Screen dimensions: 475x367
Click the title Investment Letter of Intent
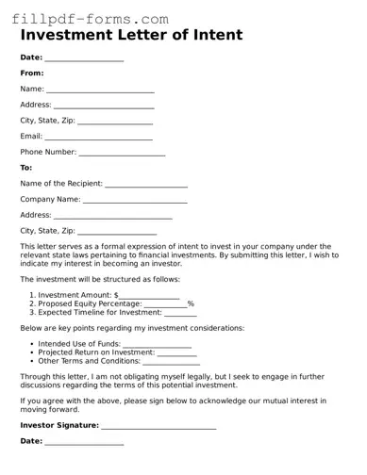point(131,36)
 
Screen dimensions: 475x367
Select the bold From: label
point(32,73)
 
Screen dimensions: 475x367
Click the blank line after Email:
point(92,138)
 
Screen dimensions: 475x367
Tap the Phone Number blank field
point(122,153)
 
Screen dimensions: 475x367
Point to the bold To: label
point(26,168)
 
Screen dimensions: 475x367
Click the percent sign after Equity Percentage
point(191,303)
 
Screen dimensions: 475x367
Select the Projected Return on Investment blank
point(175,353)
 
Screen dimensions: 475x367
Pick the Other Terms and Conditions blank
point(171,362)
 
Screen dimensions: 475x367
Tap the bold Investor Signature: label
point(59,425)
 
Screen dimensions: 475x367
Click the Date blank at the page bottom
point(84,442)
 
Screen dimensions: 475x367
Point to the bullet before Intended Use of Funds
point(32,344)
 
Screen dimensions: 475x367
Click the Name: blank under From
point(100,90)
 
